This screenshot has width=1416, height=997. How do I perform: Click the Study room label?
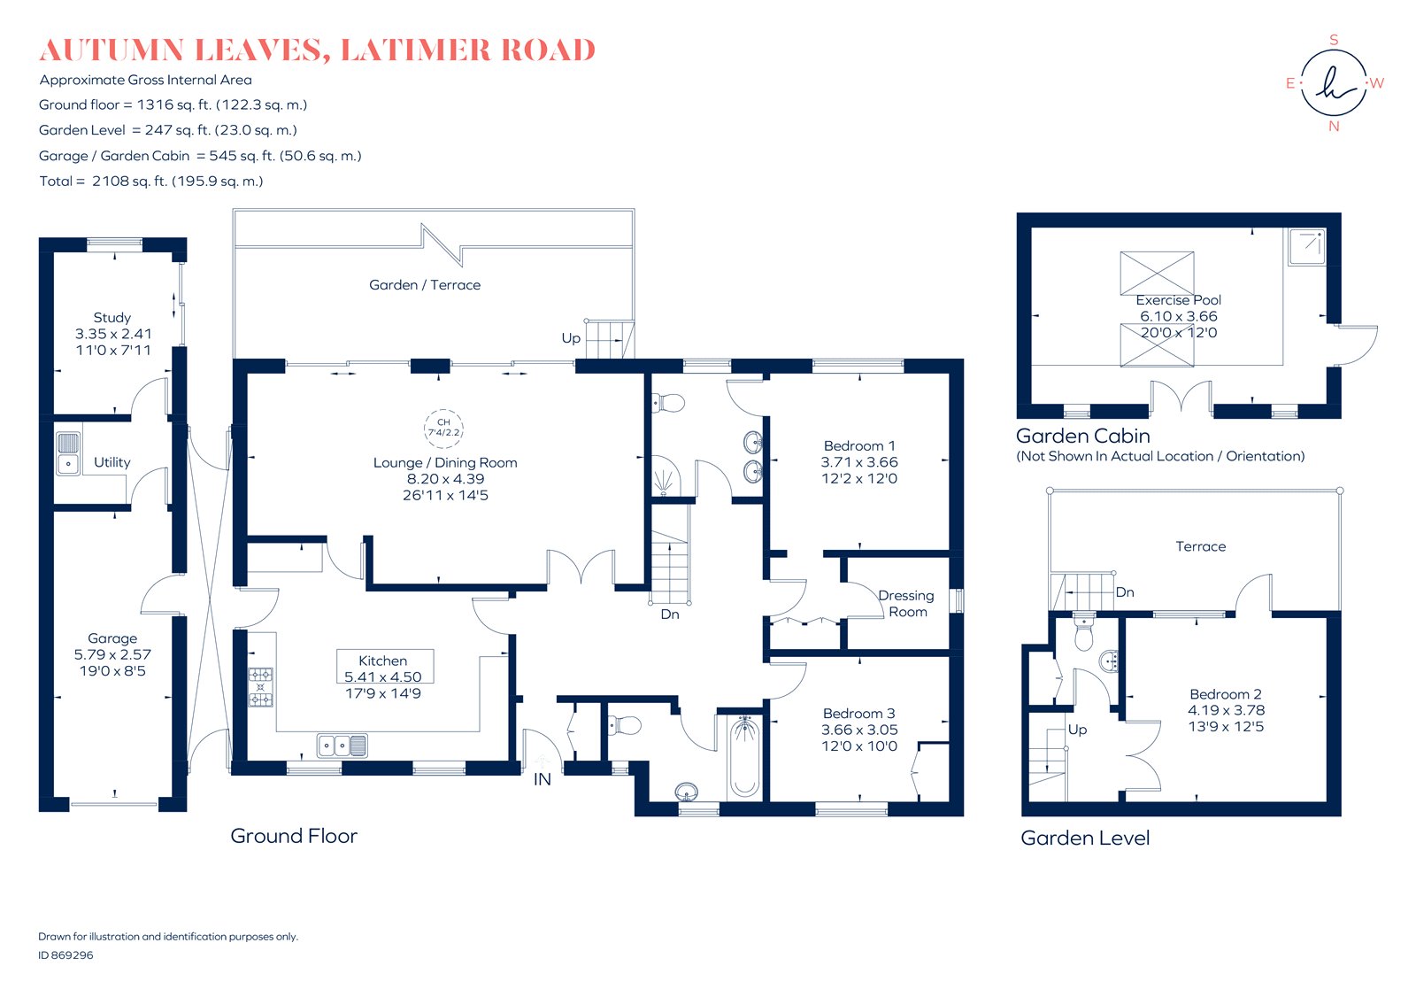pos(112,317)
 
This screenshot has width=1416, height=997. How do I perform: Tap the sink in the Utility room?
pos(68,452)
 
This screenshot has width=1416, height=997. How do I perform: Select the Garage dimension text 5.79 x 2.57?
pos(112,654)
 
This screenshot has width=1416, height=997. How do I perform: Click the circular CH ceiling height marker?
pos(443,428)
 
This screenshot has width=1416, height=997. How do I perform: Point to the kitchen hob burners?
pos(260,687)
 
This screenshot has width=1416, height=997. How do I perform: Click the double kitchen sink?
pos(342,746)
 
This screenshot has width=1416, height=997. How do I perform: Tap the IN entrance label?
pos(543,779)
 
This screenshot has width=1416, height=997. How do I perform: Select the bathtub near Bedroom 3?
pos(744,758)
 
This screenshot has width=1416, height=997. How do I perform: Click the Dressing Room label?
pos(906,603)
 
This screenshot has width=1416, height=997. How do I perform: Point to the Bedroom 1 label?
pos(858,445)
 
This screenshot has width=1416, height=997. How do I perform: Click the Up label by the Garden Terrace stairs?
pos(571,337)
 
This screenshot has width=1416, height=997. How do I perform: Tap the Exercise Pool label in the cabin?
pos(1178,299)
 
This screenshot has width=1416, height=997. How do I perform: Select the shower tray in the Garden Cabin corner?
pos(1306,246)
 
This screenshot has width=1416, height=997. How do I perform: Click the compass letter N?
pos(1334,127)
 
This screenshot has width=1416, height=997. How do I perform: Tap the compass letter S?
pos(1334,40)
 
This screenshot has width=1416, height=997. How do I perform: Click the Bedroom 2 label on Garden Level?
pos(1225,694)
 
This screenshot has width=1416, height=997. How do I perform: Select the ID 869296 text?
pos(65,955)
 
